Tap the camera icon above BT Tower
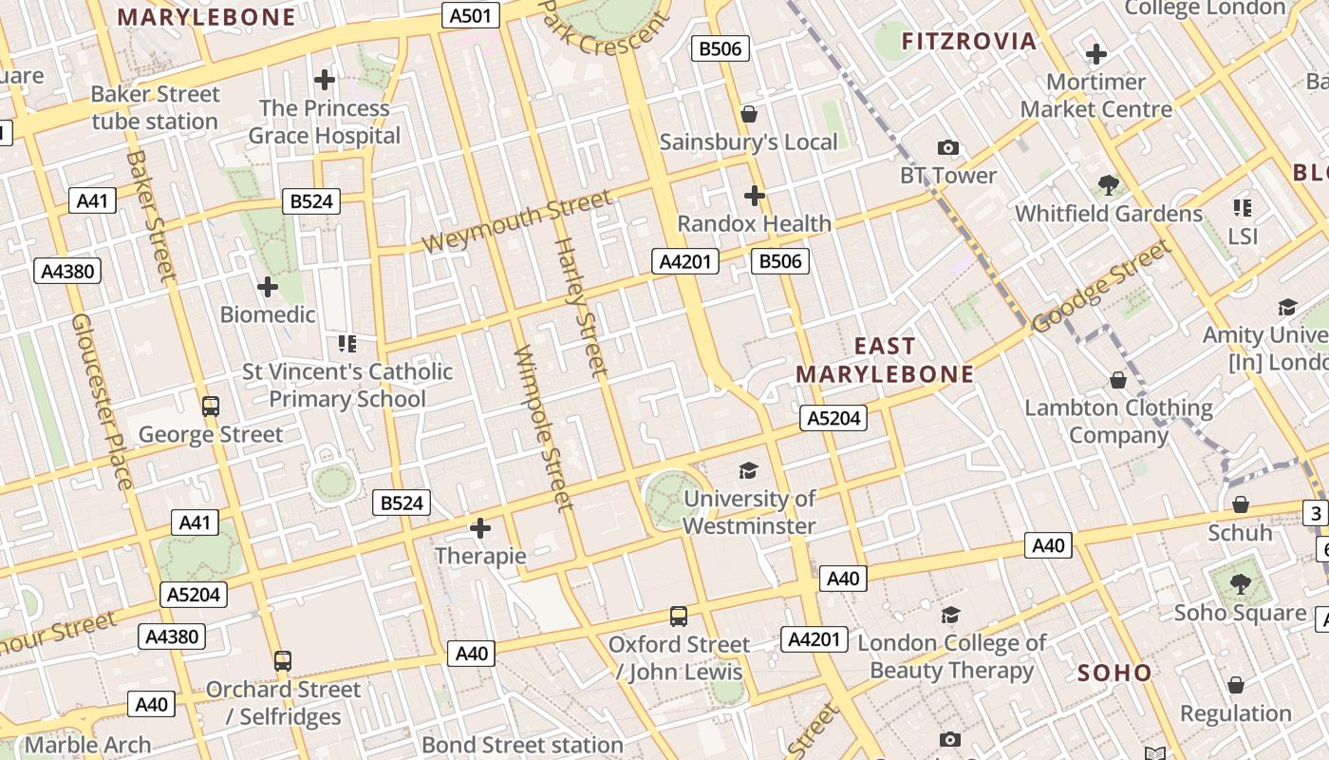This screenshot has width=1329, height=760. coord(947,147)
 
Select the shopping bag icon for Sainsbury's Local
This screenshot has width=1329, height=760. coord(749,114)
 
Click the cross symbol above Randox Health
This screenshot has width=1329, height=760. coord(755,196)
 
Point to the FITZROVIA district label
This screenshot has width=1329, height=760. coord(968,41)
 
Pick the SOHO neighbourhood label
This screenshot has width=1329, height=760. coord(1114,673)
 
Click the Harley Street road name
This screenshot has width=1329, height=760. coord(579,306)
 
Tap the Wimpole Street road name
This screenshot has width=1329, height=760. coord(543,427)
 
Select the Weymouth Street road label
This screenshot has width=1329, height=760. coord(517,221)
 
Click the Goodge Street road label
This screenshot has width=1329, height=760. coord(1101,286)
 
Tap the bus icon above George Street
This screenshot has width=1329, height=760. coord(211,407)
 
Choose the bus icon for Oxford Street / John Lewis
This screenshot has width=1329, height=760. coord(679,617)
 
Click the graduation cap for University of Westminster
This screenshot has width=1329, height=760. coord(749,470)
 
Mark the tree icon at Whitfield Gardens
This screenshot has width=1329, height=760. coord(1108,184)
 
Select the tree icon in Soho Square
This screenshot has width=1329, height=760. coord(1240,583)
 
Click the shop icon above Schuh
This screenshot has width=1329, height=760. coord(1240,504)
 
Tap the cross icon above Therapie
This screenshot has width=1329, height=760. coord(480,528)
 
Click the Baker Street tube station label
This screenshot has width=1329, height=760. coord(156,107)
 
